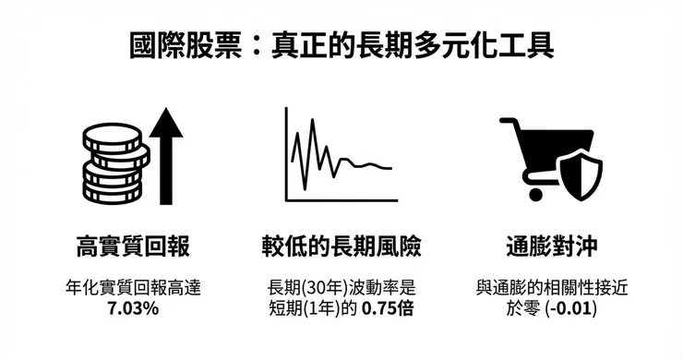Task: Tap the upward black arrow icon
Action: pos(166,155)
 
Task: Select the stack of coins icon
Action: pos(114,164)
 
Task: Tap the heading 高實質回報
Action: pos(133,246)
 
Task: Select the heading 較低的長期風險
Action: pos(341,246)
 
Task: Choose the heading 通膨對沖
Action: pos(551,246)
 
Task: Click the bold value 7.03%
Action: pos(133,308)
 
